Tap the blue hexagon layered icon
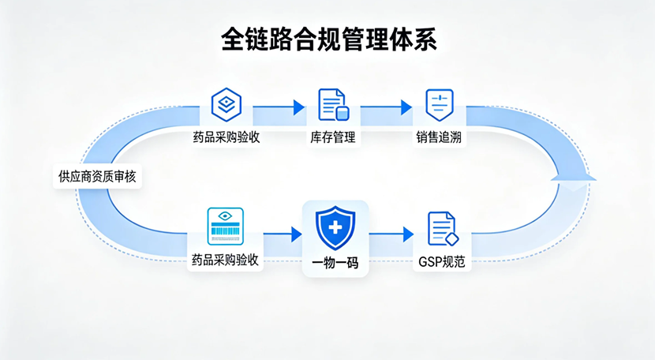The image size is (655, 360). tap(226, 104)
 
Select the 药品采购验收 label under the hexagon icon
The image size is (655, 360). tap(226, 137)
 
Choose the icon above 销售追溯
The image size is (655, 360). tap(439, 104)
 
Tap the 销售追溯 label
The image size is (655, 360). tap(440, 137)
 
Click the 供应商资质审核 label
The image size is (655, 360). tap(97, 177)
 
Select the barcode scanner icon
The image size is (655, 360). tap(225, 226)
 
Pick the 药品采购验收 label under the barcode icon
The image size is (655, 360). tap(225, 260)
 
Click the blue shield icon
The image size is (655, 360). tap(335, 227)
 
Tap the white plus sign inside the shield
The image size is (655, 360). tap(335, 227)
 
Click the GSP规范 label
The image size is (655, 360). tap(442, 261)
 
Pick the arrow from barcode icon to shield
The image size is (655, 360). tap(283, 234)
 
